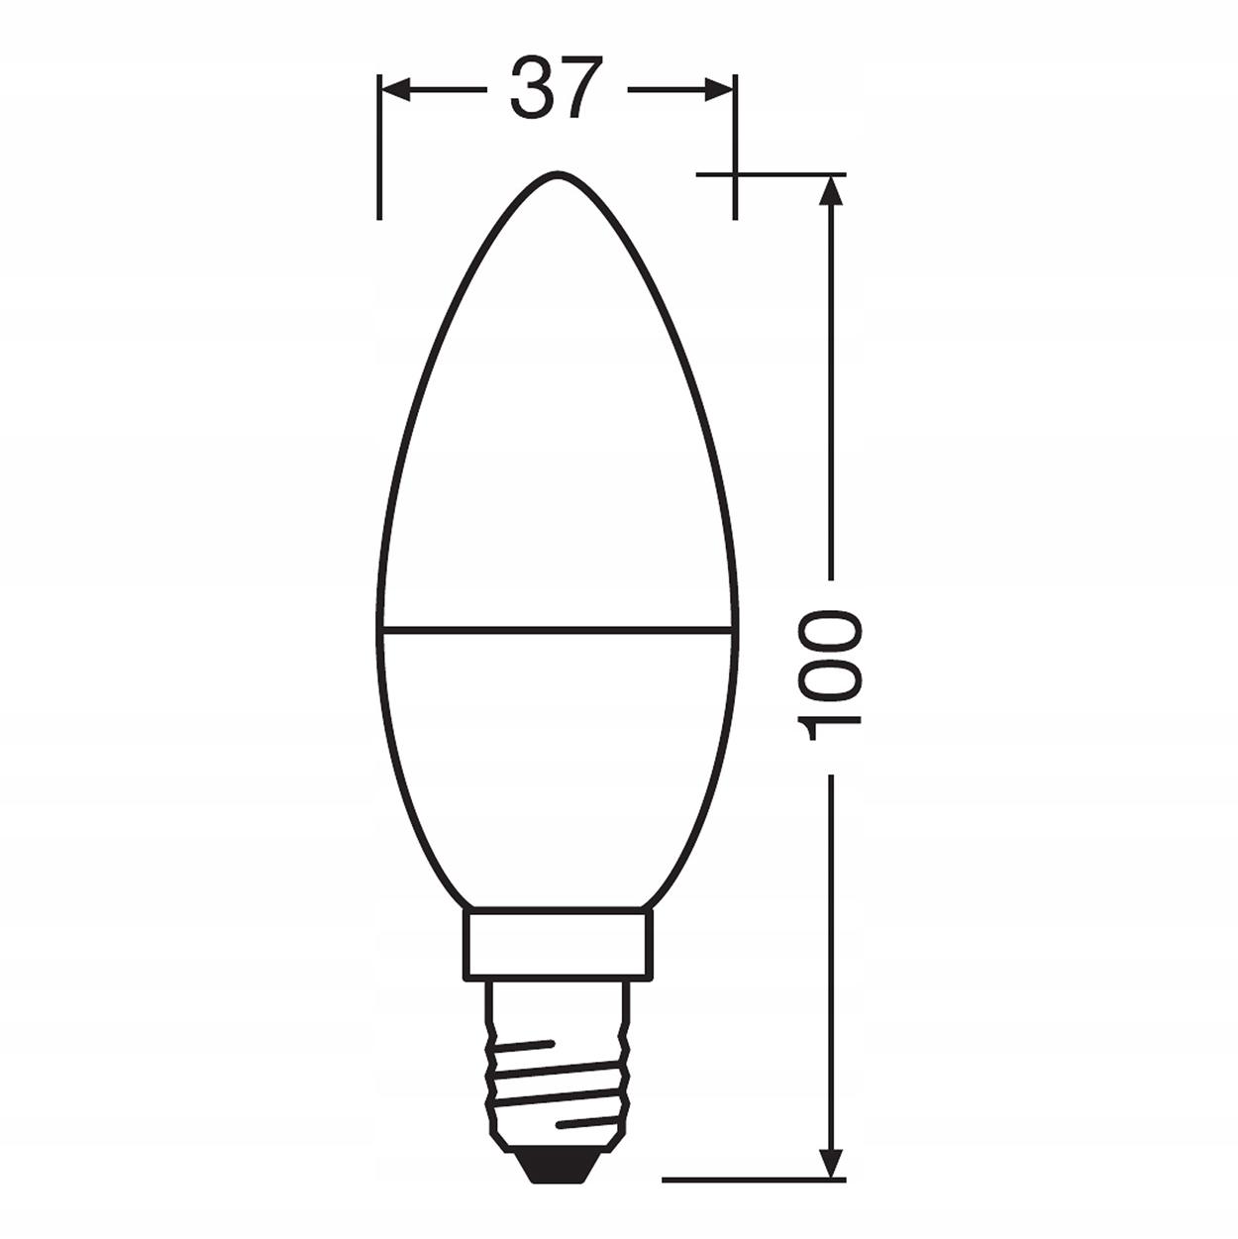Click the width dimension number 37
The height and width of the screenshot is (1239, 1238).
click(556, 88)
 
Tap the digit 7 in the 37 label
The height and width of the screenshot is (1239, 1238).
click(580, 88)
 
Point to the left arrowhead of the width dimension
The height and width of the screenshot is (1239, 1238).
click(394, 90)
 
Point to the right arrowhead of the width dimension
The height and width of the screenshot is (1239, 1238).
click(719, 90)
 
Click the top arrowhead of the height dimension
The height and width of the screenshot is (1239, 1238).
click(832, 190)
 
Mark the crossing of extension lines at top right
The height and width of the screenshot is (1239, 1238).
click(734, 175)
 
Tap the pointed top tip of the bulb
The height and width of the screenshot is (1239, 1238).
click(556, 174)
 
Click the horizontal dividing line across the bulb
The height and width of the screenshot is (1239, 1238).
click(556, 626)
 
